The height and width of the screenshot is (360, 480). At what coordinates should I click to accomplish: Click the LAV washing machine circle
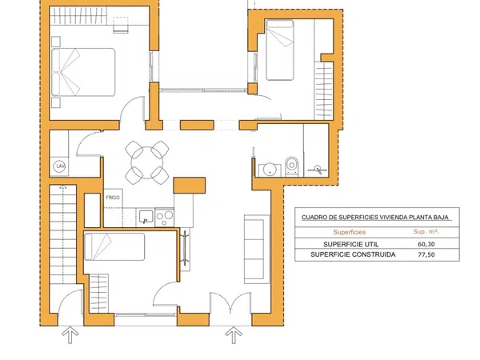click(x=59, y=166)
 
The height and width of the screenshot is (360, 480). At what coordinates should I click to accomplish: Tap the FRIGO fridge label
click(x=113, y=198)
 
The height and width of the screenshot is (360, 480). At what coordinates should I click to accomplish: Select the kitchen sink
click(x=146, y=216)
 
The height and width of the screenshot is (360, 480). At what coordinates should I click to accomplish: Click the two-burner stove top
click(x=165, y=218)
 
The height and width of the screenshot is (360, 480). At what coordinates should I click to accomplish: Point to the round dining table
click(x=147, y=162)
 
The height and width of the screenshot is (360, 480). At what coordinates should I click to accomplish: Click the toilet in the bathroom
click(x=292, y=167)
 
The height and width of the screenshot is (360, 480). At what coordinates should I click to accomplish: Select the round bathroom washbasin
click(x=270, y=170)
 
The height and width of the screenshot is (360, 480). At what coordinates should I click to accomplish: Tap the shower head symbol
click(x=318, y=170)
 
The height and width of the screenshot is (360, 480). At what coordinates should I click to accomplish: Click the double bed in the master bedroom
click(x=83, y=72)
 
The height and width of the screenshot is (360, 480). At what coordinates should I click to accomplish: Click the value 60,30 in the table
click(x=426, y=244)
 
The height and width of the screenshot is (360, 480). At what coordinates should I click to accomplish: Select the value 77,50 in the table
click(x=426, y=254)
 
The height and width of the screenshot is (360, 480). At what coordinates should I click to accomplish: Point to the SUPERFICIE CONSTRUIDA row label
click(x=353, y=254)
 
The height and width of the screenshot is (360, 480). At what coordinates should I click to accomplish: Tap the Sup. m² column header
click(x=426, y=232)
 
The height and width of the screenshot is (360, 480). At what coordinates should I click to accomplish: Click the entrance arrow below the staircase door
click(x=70, y=335)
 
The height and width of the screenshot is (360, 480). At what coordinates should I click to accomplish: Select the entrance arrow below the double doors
click(x=234, y=335)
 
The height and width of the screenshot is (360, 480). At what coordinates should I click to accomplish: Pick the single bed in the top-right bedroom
click(x=280, y=50)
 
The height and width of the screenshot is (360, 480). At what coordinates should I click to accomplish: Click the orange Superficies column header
click(x=350, y=232)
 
